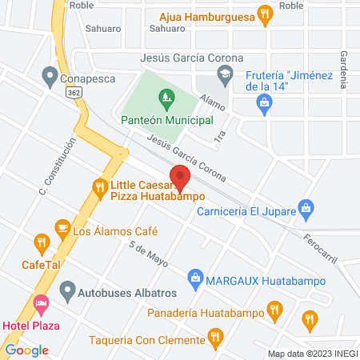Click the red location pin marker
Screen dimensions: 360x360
click(180, 176)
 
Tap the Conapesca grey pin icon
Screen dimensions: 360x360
click(50, 78)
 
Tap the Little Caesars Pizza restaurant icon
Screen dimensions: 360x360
click(100, 189)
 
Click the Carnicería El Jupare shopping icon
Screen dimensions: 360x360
click(305, 207)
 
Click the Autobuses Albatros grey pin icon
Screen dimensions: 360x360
click(67, 287)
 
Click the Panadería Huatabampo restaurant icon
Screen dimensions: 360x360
click(274, 308)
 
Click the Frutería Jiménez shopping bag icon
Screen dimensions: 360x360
click(265, 102)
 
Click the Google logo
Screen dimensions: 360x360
click(26, 350)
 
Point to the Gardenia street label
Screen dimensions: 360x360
click(344, 69)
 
